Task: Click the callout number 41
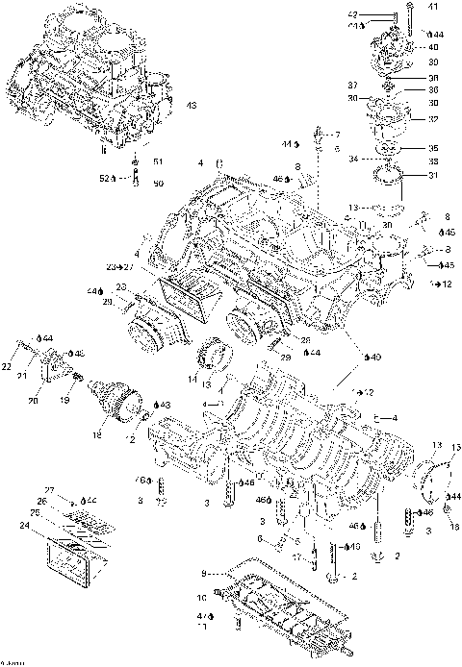pos(432,8)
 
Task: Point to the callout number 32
pos(433,119)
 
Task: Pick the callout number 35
pos(432,148)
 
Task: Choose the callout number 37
pos(351,86)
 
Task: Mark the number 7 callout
pos(337,134)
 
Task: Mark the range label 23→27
pos(119,266)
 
